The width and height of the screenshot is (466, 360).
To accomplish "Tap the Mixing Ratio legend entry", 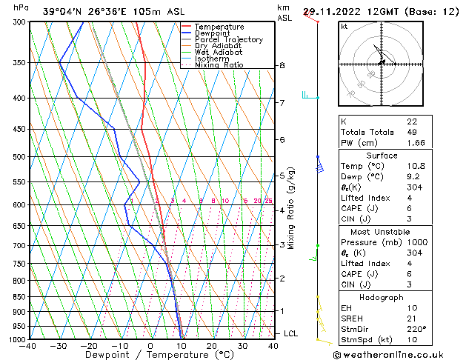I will click(219, 65).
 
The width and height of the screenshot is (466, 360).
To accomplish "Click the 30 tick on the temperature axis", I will click(242, 345).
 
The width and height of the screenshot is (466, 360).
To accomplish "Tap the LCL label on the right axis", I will click(291, 334).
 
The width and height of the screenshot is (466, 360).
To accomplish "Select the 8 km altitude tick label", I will click(282, 66).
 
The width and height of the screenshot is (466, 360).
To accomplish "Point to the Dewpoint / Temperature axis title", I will click(150, 355).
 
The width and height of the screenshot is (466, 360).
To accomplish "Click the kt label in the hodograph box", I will click(344, 26).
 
